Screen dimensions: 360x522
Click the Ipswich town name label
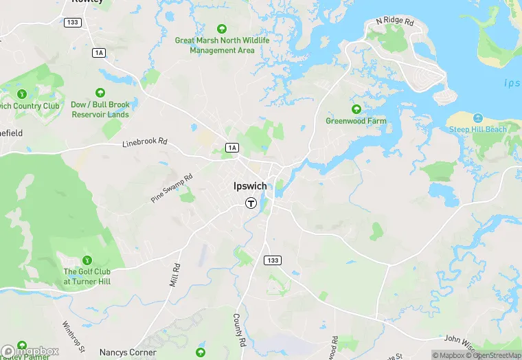tap(250, 185)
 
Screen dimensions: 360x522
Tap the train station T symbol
tap(251, 203)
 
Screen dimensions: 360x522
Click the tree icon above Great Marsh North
tap(222, 29)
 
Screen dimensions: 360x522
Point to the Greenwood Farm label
tap(356, 121)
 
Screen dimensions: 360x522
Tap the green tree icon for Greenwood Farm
tap(356, 109)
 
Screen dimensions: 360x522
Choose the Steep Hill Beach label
tap(477, 129)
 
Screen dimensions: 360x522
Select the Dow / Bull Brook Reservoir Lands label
tap(100, 110)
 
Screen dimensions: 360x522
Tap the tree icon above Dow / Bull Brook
tap(100, 93)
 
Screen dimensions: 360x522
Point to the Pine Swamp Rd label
tap(172, 188)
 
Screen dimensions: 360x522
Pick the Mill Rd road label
tap(175, 274)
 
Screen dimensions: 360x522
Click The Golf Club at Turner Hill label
tap(87, 277)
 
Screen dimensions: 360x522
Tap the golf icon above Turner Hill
tap(87, 260)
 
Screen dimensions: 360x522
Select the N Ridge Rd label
tap(395, 22)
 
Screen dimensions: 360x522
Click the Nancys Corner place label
tap(128, 352)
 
